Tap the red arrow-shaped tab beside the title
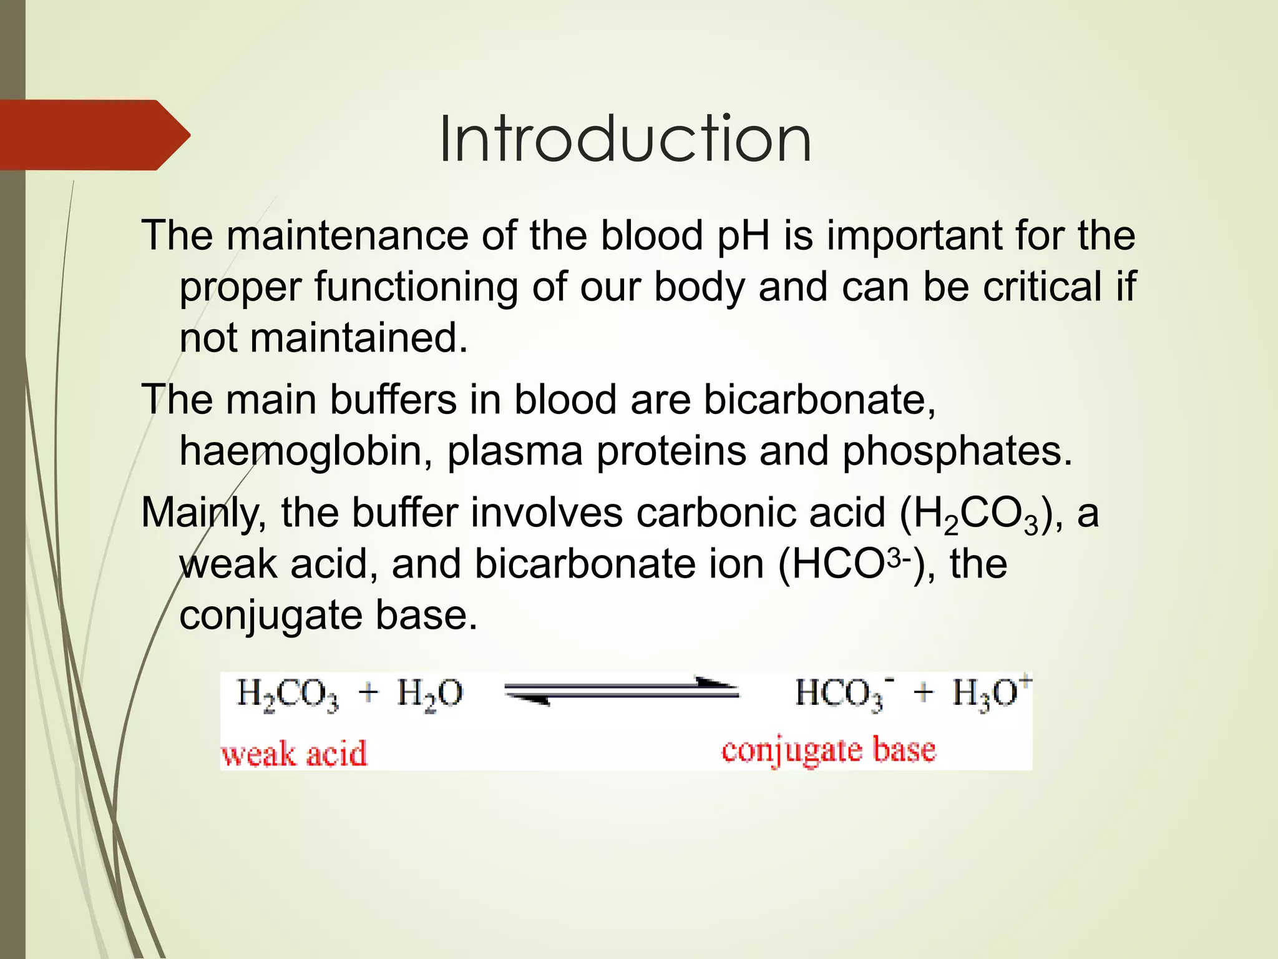pyautogui.click(x=94, y=135)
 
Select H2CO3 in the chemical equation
pyautogui.click(x=287, y=694)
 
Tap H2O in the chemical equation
pyautogui.click(x=430, y=694)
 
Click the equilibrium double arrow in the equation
pyautogui.click(x=622, y=691)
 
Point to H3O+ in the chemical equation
pyautogui.click(x=991, y=693)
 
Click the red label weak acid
pyautogui.click(x=294, y=753)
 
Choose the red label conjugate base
pyautogui.click(x=828, y=750)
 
